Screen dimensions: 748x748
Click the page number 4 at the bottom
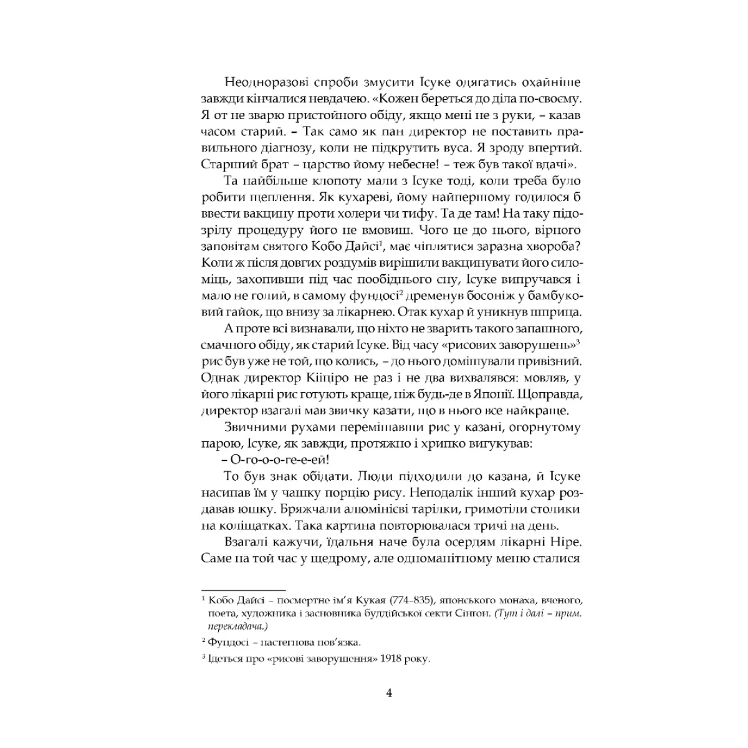pyautogui.click(x=389, y=693)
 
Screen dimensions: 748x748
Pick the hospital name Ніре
pyautogui.click(x=566, y=541)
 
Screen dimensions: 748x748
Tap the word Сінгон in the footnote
pyautogui.click(x=469, y=614)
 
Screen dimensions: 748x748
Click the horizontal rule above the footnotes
pyautogui.click(x=244, y=590)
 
